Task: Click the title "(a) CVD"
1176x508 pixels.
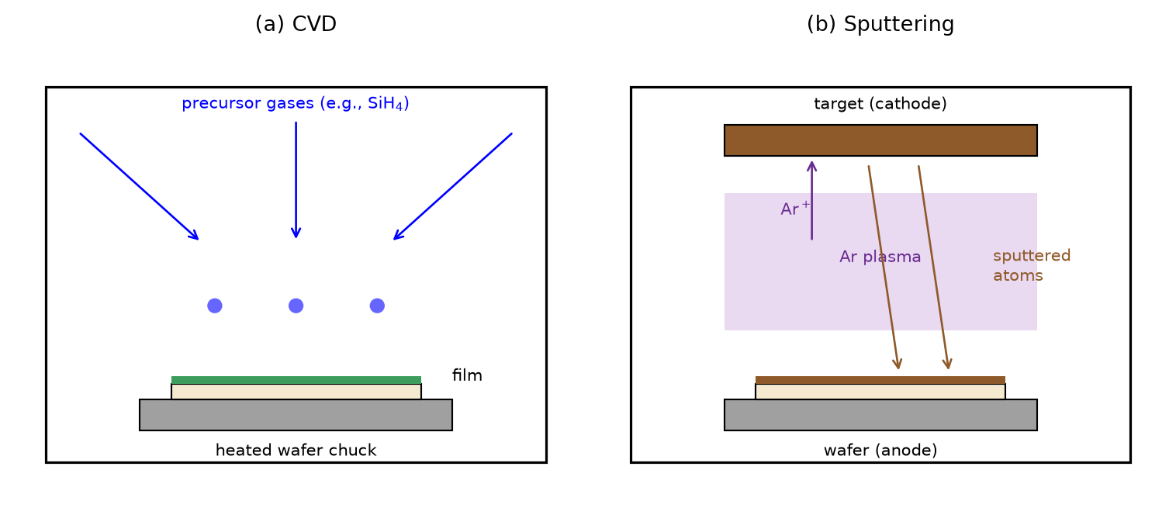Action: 296,24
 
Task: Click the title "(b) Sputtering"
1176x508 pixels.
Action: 880,24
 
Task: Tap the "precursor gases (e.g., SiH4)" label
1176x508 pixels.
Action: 296,103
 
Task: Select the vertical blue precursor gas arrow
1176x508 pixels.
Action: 296,180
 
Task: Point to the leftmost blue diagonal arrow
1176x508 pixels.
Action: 139,186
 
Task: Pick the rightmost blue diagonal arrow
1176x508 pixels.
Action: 452,186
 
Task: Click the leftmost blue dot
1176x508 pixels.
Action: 215,306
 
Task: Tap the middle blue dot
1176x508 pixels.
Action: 296,306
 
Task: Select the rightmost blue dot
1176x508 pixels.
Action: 377,306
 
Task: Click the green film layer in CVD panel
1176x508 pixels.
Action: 296,380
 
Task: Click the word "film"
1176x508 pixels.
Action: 467,375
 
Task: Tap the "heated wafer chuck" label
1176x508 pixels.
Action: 296,451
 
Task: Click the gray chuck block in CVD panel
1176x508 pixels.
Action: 296,415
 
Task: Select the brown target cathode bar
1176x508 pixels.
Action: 880,140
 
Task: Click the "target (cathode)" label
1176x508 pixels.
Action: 880,104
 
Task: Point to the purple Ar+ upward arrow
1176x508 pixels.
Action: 811,200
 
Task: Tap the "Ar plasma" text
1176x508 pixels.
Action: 880,257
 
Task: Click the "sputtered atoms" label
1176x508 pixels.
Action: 1031,265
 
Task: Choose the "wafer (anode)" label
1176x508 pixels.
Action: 880,451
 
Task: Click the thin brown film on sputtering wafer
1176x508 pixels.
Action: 880,380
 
